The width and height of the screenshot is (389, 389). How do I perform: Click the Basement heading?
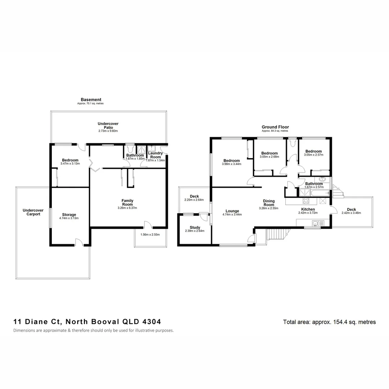pyautogui.click(x=91, y=100)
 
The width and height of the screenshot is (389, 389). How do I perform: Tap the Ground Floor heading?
pyautogui.click(x=275, y=127)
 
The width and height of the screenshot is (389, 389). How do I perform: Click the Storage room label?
pyautogui.click(x=69, y=215)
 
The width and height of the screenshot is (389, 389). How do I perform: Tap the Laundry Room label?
pyautogui.click(x=155, y=155)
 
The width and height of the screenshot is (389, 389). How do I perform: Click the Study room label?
pyautogui.click(x=195, y=227)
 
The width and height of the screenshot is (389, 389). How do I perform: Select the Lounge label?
pyautogui.click(x=232, y=211)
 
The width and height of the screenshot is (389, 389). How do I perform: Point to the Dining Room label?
pyautogui.click(x=269, y=203)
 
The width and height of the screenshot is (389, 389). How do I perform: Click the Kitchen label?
pyautogui.click(x=308, y=209)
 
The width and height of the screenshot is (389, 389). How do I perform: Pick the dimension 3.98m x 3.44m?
pyautogui.click(x=232, y=164)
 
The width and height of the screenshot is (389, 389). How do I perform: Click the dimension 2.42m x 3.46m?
pyautogui.click(x=351, y=213)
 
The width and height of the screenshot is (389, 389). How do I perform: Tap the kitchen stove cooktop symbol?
pyautogui.click(x=306, y=201)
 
